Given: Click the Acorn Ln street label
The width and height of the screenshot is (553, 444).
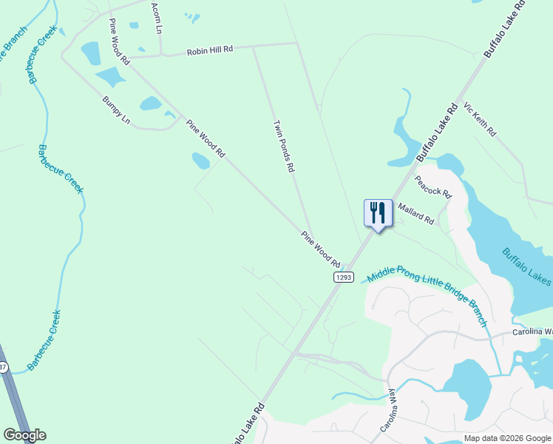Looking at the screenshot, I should pos(156,17).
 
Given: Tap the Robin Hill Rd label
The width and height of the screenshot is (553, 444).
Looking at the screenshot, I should pos(210,50).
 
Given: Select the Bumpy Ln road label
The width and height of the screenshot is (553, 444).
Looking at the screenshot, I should pos(115,110).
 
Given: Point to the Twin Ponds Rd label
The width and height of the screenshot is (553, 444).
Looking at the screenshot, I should pos(284,147).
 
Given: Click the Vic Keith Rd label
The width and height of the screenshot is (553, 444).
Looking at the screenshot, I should pos(480,120).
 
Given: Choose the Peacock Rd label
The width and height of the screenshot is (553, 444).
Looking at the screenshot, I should pos(433,185).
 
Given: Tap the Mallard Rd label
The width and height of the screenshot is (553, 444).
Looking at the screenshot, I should pos(416,214).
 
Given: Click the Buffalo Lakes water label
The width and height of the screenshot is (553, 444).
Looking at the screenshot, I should pos(526,266).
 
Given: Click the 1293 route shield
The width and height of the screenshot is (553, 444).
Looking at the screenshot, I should pos(342,277).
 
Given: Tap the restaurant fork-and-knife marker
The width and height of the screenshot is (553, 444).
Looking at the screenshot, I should pos(378,214).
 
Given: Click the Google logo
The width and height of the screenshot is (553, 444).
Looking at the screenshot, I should pos(24,435).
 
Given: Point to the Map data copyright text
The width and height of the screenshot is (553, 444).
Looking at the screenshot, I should pos(507,438).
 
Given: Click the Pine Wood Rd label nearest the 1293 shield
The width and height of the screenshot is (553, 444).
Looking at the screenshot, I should pos(320,249).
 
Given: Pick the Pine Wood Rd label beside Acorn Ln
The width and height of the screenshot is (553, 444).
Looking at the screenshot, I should pos(118,41).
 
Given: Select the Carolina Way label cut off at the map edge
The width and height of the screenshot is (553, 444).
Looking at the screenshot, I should pos(532,332).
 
